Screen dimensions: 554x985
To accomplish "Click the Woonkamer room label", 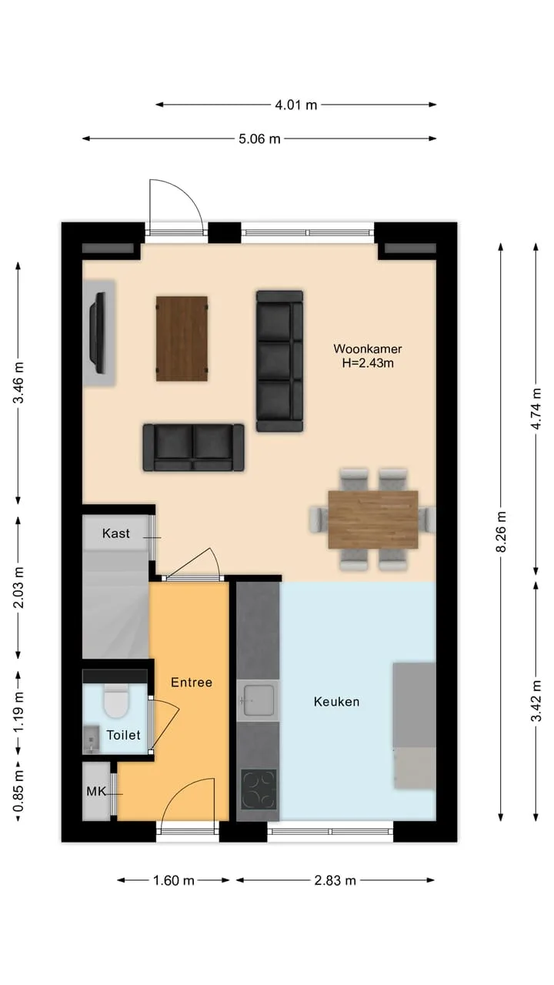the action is (x=368, y=349).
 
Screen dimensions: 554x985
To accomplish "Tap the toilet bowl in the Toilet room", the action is (x=116, y=701).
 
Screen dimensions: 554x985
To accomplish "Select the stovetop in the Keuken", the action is (x=259, y=790).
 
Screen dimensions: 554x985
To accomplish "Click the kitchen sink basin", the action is (x=259, y=700).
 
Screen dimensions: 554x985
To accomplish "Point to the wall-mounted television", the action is (x=98, y=333).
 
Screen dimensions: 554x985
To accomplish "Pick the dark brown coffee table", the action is (x=182, y=339).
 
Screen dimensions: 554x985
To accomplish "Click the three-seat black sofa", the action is (x=279, y=361).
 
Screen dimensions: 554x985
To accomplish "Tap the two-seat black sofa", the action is (x=193, y=448).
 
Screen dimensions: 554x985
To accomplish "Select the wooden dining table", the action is (x=373, y=519).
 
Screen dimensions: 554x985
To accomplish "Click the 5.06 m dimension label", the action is (x=259, y=139).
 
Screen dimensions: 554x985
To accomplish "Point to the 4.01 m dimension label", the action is (x=296, y=105).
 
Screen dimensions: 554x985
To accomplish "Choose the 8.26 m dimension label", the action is (x=501, y=532).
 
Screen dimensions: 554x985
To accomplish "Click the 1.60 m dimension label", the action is (x=174, y=880).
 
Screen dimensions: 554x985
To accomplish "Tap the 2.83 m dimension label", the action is (x=335, y=880).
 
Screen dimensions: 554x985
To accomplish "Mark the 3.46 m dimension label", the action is (x=18, y=382).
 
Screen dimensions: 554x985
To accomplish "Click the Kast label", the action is (x=116, y=533).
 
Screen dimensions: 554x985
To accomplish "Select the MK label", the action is (x=96, y=792).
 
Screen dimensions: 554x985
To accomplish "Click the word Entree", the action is (x=192, y=683).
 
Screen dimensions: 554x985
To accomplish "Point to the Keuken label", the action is (x=337, y=701).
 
